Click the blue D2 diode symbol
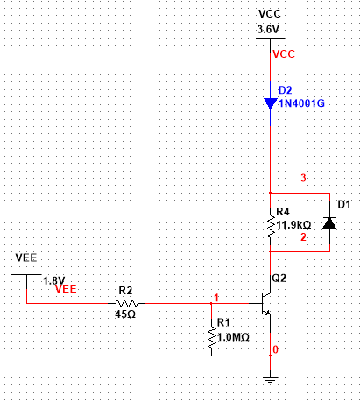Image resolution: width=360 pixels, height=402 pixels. click(x=270, y=103)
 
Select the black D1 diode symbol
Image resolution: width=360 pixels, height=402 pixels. click(x=329, y=223)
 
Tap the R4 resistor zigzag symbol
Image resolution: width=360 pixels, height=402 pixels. click(x=271, y=227)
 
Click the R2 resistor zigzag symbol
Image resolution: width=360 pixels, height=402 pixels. click(x=127, y=303)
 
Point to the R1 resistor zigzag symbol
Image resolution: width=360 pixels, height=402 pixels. click(x=212, y=337)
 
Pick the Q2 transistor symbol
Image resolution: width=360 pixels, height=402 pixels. click(x=265, y=304)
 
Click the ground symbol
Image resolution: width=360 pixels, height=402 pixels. click(x=270, y=380)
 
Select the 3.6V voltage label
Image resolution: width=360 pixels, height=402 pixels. click(x=268, y=30)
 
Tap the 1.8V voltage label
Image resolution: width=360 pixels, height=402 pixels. click(x=54, y=280)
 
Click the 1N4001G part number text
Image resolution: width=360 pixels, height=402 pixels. click(x=301, y=103)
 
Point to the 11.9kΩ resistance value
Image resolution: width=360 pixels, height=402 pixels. click(x=293, y=225)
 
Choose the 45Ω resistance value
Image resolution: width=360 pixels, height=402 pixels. click(x=125, y=314)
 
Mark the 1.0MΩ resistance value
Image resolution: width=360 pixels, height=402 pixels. click(x=233, y=337)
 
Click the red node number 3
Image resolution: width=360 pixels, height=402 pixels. click(x=303, y=178)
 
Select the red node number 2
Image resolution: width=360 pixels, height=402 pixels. click(x=303, y=237)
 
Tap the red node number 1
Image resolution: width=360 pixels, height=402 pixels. click(x=216, y=298)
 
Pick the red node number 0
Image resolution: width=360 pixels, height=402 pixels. click(x=275, y=349)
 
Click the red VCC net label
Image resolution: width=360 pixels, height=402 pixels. click(x=284, y=54)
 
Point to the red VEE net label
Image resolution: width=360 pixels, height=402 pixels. click(x=66, y=289)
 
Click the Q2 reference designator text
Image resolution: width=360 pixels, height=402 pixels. click(x=279, y=279)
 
